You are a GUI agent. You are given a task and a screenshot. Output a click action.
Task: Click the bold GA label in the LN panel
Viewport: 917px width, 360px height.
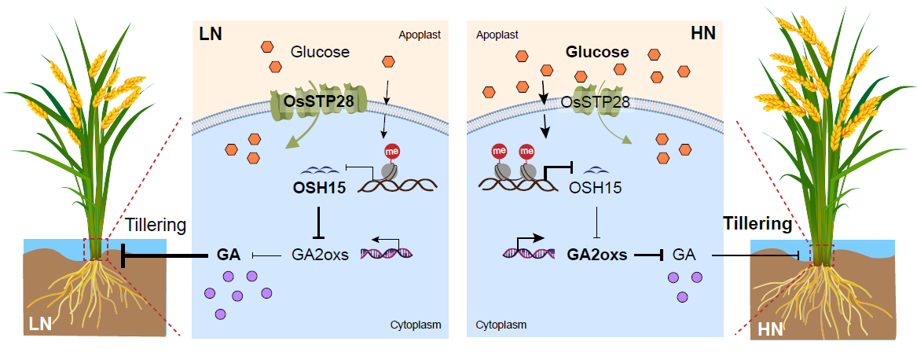pos(228,255)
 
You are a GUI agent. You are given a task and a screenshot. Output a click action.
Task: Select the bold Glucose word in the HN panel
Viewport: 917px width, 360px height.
pos(597,53)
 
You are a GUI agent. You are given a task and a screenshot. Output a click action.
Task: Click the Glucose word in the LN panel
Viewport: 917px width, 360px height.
pos(320,53)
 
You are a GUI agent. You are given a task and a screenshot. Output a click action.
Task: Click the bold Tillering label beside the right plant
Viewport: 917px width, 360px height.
pos(757,224)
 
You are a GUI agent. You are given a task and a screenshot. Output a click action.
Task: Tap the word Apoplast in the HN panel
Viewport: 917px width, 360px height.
pos(497,35)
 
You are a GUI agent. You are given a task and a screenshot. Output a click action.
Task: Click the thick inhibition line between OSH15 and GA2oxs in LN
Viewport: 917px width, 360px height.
pos(317,220)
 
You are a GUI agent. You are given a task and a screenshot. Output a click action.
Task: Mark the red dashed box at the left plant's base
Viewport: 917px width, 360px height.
pos(97,248)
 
